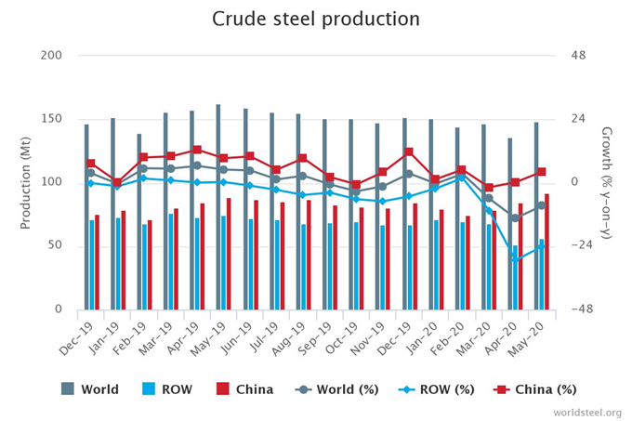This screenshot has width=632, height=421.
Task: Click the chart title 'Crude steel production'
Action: (x=315, y=20)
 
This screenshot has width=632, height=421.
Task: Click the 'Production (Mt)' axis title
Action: (x=27, y=182)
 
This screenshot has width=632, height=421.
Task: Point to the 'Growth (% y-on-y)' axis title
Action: (x=606, y=182)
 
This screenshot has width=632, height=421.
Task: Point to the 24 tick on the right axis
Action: (x=578, y=119)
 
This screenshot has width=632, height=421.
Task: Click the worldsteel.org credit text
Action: (x=586, y=411)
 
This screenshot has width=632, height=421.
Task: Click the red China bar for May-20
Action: (x=546, y=251)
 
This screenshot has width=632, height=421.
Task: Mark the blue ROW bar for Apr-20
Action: (x=515, y=277)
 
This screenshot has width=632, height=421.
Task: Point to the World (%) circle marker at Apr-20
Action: (x=515, y=218)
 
